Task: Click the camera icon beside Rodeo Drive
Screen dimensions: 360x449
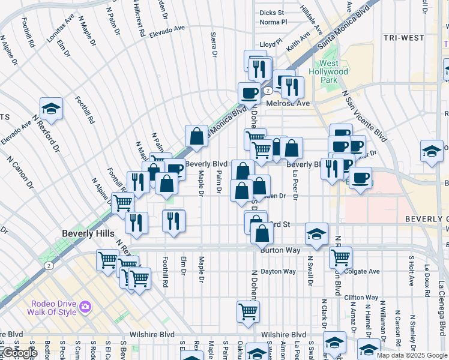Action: click(x=85, y=307)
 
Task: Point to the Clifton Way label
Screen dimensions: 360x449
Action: click(x=361, y=297)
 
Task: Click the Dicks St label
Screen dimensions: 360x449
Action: click(x=271, y=13)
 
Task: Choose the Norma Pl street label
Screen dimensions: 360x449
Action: click(x=273, y=22)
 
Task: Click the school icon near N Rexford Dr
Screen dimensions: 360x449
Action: click(x=52, y=108)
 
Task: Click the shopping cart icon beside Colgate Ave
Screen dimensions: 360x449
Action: click(x=340, y=257)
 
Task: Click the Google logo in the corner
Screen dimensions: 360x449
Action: click(x=20, y=353)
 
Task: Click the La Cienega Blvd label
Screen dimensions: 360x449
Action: click(x=442, y=312)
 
